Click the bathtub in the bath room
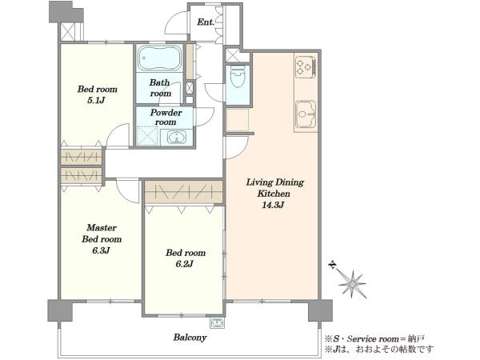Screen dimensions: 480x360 159,58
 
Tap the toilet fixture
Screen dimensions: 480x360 238,77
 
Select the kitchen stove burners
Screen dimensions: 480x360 306,66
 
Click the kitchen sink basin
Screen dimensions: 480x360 306,114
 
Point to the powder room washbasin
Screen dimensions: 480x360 177,137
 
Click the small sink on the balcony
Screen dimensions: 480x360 217,322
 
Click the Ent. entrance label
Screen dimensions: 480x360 206,22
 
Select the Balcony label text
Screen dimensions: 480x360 190,338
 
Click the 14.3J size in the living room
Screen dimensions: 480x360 273,205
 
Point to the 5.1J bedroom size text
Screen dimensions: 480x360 97,100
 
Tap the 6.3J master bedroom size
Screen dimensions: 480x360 101,250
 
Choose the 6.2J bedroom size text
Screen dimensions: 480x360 185,263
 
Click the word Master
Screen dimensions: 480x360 102,227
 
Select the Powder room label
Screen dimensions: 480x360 166,118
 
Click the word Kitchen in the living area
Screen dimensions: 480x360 274,194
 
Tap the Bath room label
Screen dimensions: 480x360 160,87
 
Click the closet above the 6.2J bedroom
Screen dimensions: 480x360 184,192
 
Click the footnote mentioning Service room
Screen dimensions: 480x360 374,339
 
